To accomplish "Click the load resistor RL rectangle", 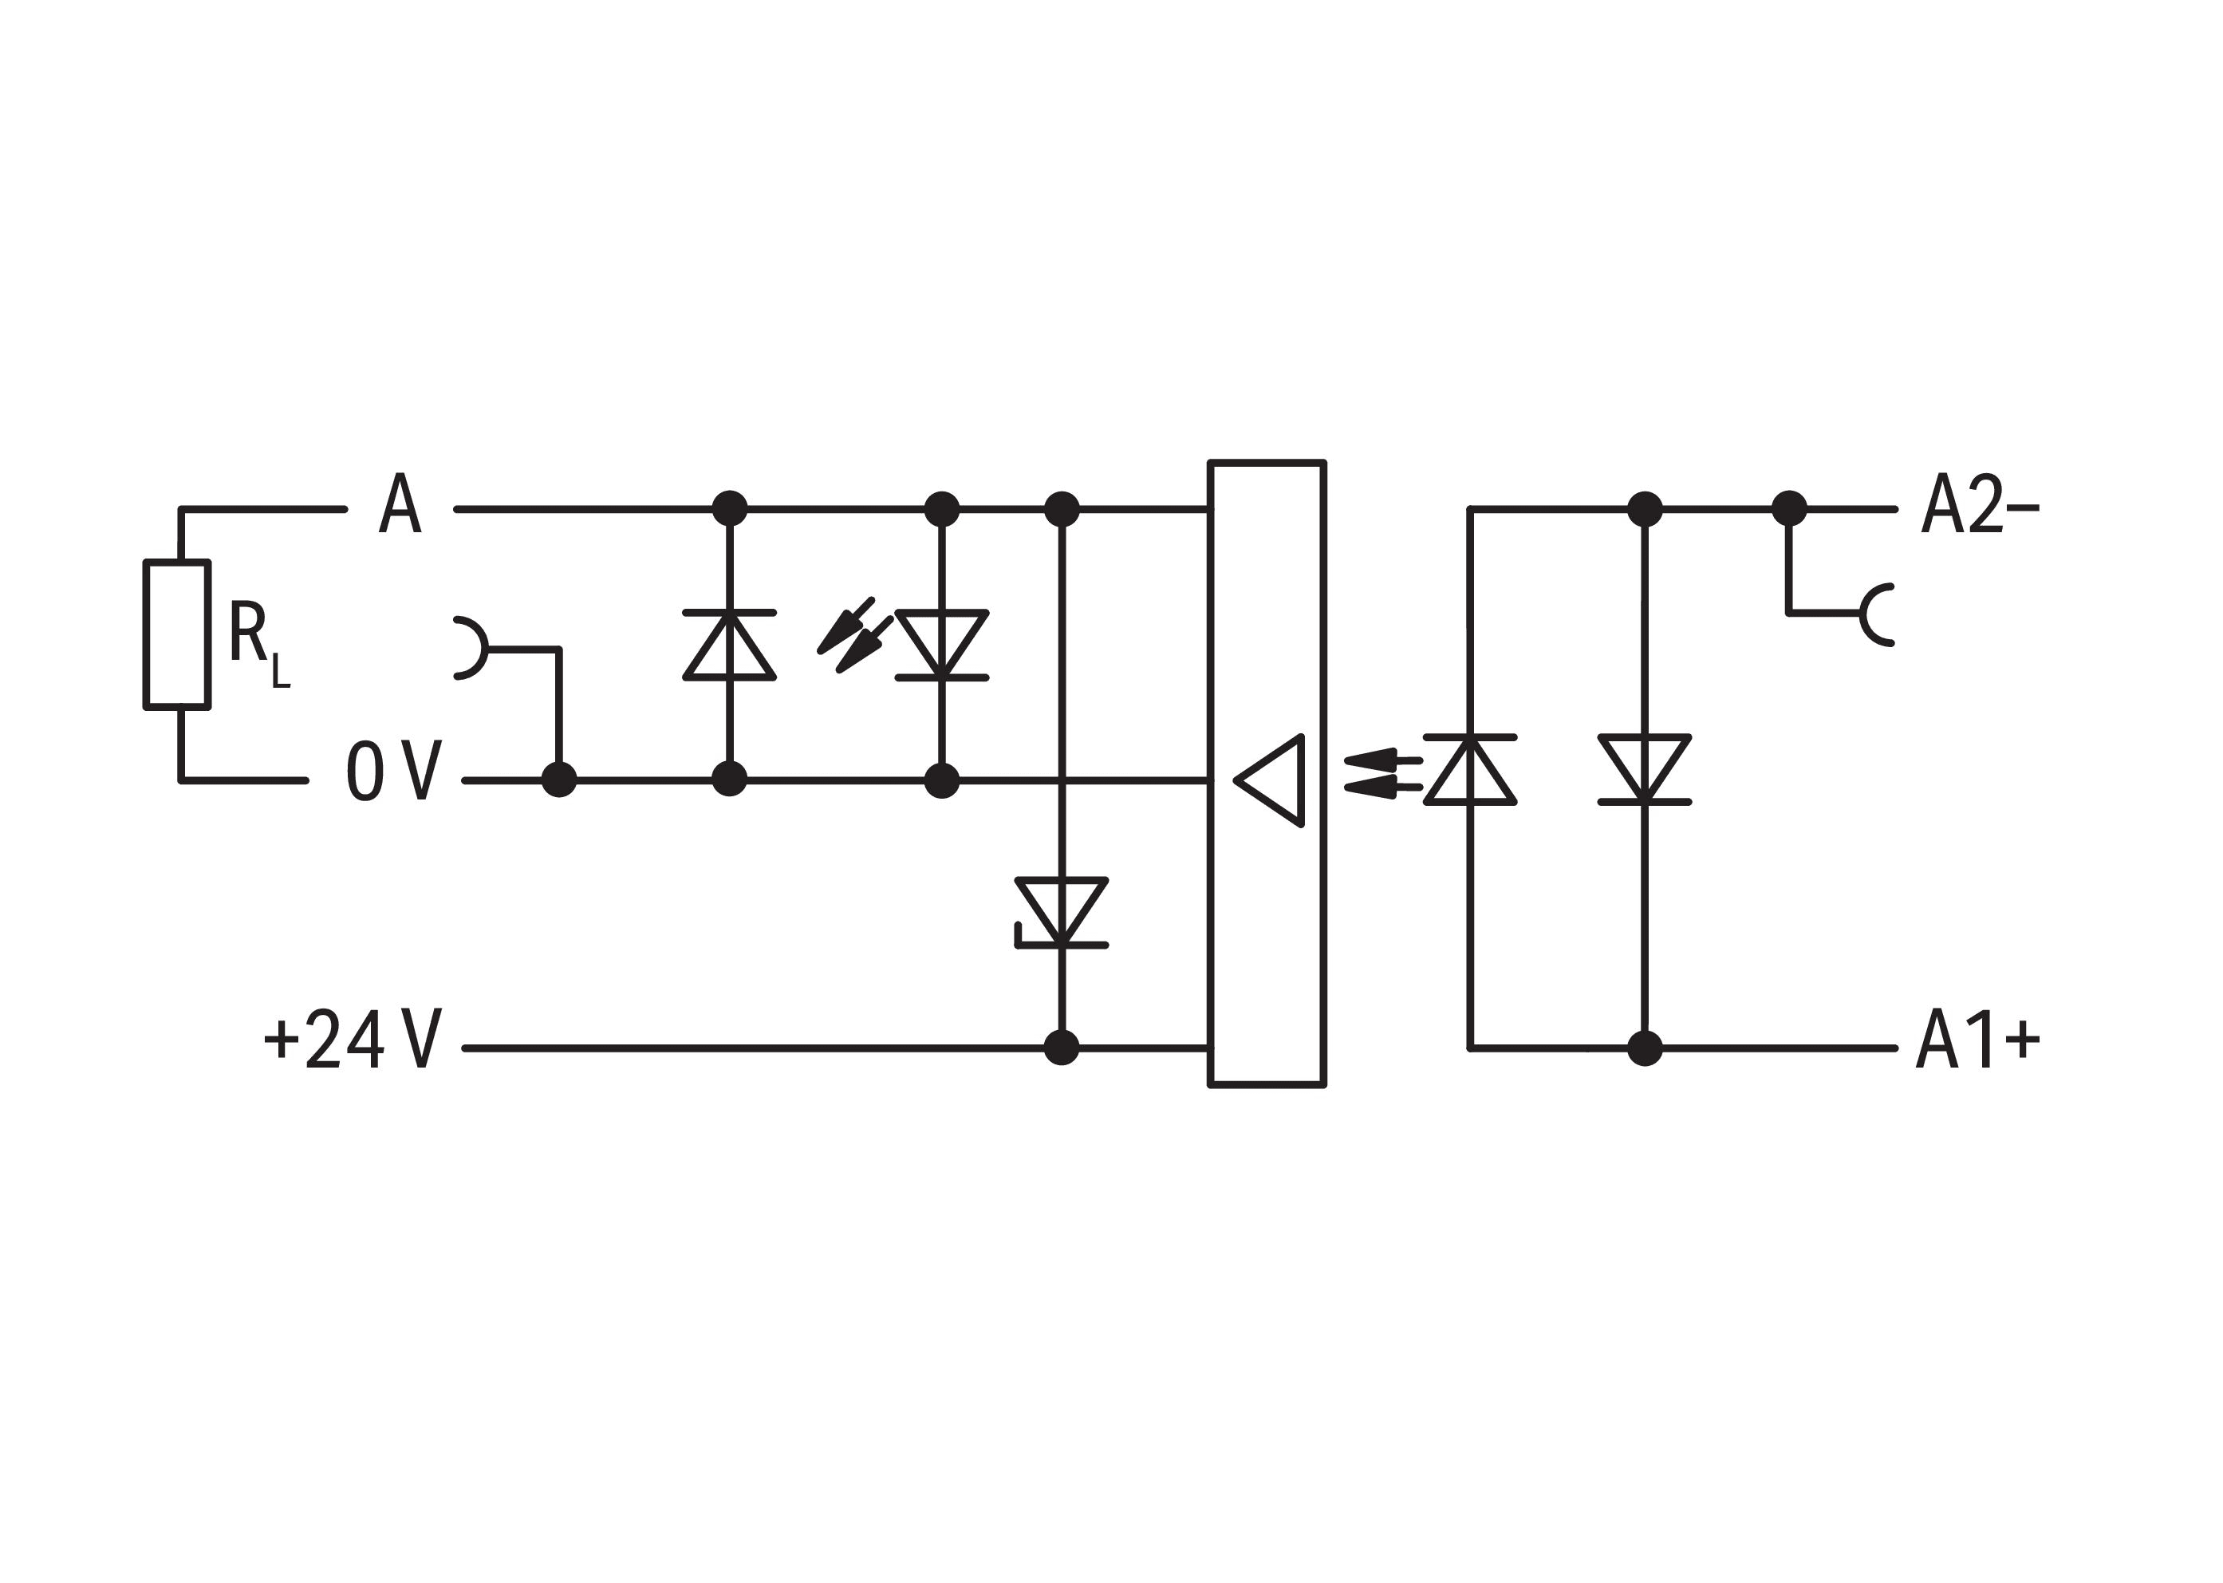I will pos(176,634).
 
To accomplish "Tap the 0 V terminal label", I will pos(394,771).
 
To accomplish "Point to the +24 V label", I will pos(353,1038).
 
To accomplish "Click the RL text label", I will pos(258,643).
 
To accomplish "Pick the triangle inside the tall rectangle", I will pos(1269,781).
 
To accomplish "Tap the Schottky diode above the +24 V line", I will pos(1062,912).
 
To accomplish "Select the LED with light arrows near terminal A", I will pos(941,645).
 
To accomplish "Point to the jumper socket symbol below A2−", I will pos(1876,615).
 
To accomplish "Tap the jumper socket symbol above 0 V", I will pos(471,647).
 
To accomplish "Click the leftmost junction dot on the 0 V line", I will pos(558,780).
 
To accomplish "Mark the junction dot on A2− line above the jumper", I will pos(1788,509).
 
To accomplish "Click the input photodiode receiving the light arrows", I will pos(1470,770).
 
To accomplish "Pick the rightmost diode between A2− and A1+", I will pos(1645,770).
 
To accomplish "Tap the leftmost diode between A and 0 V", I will pos(729,645).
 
